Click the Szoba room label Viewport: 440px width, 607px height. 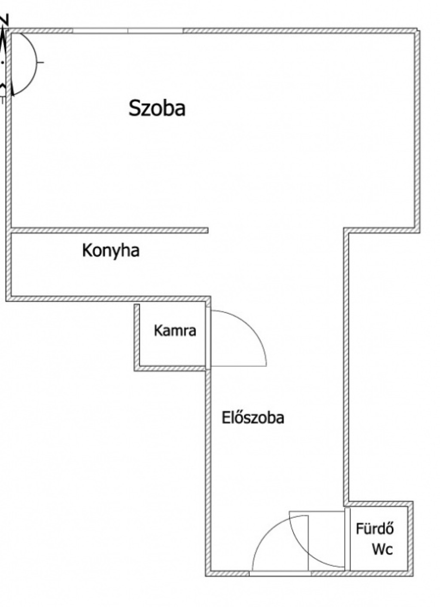(x=157, y=108)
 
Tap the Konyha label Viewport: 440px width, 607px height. (x=111, y=251)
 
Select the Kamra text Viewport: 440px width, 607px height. (x=175, y=331)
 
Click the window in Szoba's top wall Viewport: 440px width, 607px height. (x=128, y=31)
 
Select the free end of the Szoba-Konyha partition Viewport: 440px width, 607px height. (x=208, y=230)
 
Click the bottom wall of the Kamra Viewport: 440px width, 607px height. (x=170, y=368)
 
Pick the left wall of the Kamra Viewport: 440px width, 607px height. (x=137, y=337)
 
